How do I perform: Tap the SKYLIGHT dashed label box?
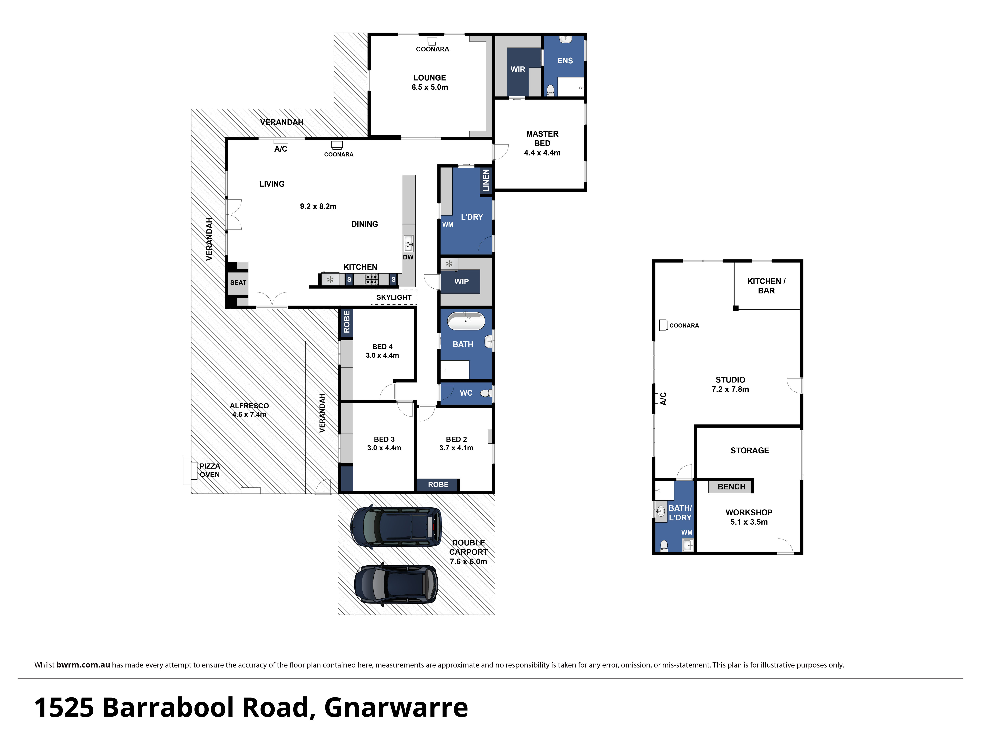point(394,297)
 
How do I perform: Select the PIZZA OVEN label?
point(210,470)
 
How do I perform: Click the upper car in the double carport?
point(396,527)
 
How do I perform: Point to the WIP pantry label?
point(461,282)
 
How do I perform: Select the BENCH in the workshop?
point(731,487)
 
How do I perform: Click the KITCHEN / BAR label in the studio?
point(766,286)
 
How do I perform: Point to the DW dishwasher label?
point(408,257)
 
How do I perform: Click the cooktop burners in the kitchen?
point(372,279)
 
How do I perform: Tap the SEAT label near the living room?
point(238,283)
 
